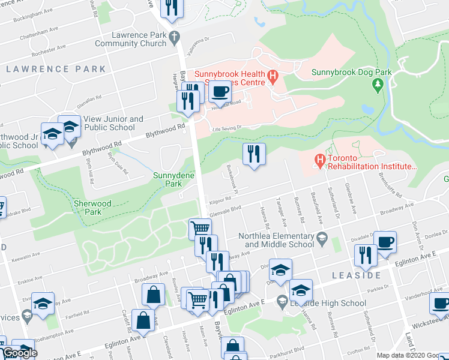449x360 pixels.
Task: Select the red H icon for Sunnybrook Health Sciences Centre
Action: point(273,76)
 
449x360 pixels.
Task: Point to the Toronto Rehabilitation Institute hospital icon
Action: point(320,161)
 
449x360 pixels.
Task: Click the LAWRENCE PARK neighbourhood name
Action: point(56,69)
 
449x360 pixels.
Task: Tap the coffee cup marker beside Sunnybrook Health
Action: point(219,92)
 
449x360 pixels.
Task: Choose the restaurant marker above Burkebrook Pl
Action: point(254,154)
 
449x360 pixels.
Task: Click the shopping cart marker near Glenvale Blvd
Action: point(200,229)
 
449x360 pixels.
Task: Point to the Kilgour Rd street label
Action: point(220,200)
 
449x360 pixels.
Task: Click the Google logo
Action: point(20,353)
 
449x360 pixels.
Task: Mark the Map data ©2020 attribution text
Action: point(411,355)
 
